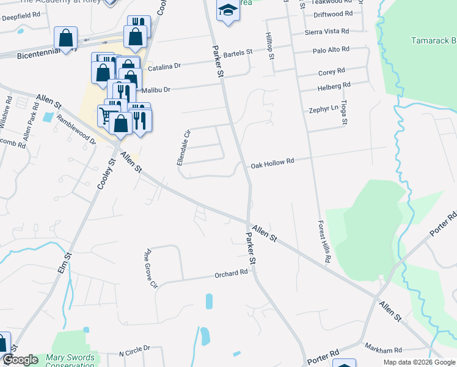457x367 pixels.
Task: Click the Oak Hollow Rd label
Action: tap(272, 161)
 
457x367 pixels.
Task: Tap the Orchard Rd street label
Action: tap(230, 274)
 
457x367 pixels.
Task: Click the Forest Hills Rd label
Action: tap(323, 242)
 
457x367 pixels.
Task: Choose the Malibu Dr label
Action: tap(155, 89)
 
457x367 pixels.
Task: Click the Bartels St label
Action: tap(238, 54)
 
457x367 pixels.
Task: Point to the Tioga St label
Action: tap(345, 113)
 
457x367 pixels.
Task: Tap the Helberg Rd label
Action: tap(334, 85)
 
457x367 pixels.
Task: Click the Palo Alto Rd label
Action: tap(331, 49)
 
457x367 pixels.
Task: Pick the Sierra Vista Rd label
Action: tap(327, 31)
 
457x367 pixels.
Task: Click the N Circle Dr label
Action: tap(134, 349)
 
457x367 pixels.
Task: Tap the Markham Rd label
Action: tap(379, 347)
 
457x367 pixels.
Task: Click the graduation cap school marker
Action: tap(228, 10)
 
